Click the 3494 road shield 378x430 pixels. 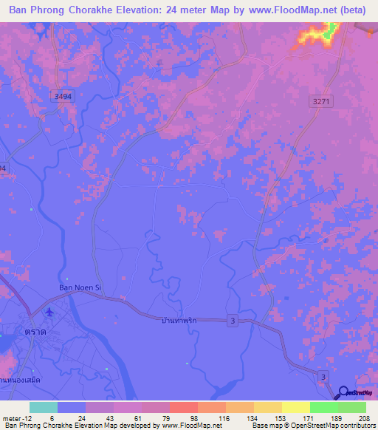coord(63,96)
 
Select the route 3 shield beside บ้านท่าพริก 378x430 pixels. coord(233,318)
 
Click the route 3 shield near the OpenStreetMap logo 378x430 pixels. coord(323,378)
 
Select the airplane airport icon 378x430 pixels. coord(49,313)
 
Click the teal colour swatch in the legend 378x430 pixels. coord(44,407)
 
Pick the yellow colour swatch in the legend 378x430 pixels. coord(296,407)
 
